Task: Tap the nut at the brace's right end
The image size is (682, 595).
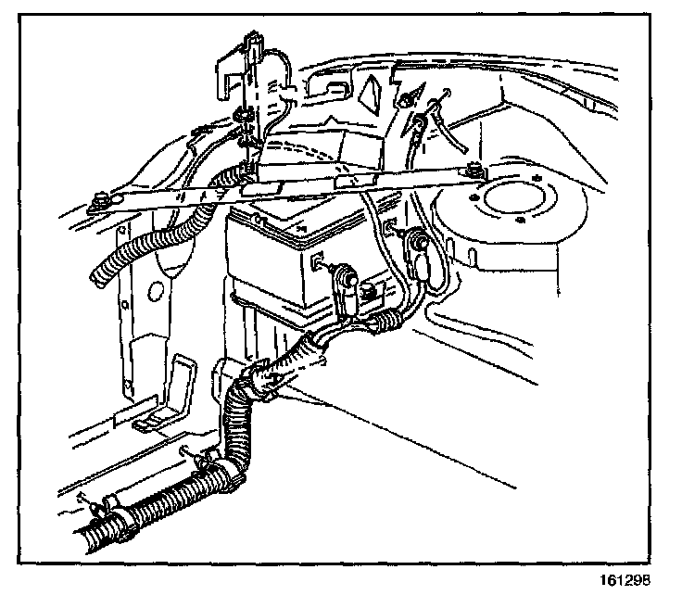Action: click(474, 170)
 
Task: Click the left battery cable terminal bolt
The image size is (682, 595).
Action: click(345, 275)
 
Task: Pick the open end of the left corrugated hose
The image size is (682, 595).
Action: click(98, 272)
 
